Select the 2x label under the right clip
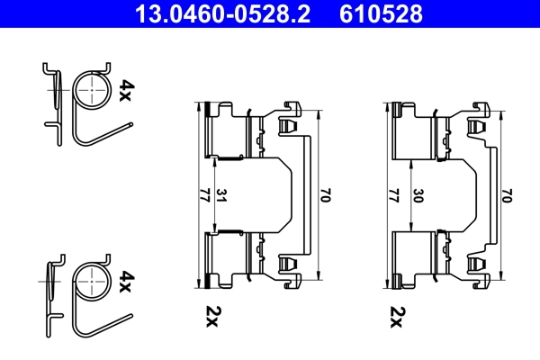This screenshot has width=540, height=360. [x=398, y=315]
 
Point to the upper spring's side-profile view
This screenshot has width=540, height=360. [x=55, y=99]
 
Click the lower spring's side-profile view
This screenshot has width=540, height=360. [x=55, y=292]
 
